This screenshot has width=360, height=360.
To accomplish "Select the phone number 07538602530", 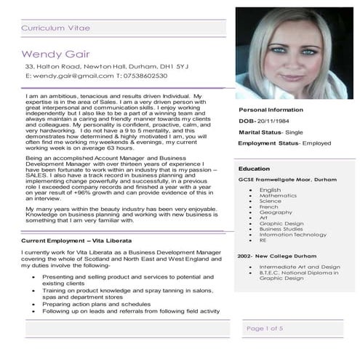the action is pos(145,76).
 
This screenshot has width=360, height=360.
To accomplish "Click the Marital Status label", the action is pos(260,132).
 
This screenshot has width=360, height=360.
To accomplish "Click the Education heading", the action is pos(254,168).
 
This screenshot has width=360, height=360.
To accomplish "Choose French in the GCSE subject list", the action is pos(268,207).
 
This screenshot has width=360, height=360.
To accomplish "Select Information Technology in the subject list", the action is pos(293,234).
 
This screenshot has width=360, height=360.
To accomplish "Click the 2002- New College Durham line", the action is pos(279,257).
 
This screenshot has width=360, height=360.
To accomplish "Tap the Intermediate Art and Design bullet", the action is pos(299,267).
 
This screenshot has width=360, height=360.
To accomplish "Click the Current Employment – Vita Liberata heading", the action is pos(78,239).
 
